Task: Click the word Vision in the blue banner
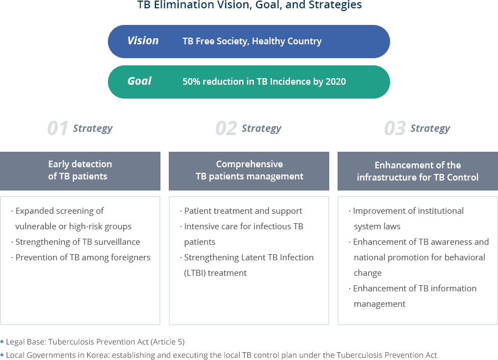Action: (x=143, y=40)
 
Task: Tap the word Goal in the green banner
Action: (x=139, y=81)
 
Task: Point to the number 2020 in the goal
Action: (x=336, y=81)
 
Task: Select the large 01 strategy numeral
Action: (x=58, y=128)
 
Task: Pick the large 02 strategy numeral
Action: (x=226, y=128)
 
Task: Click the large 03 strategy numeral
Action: (x=395, y=128)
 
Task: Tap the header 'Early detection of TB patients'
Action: (x=80, y=171)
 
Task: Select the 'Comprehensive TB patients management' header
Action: (x=249, y=171)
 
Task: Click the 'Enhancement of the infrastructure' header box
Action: (x=418, y=171)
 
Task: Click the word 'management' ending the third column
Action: (x=380, y=305)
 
